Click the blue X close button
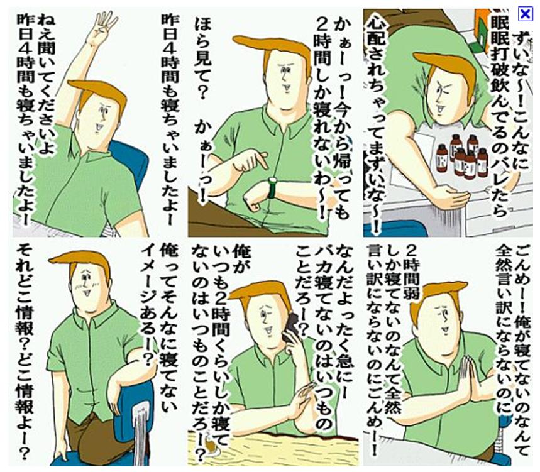click(x=525, y=14)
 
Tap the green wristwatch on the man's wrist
click(x=272, y=188)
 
